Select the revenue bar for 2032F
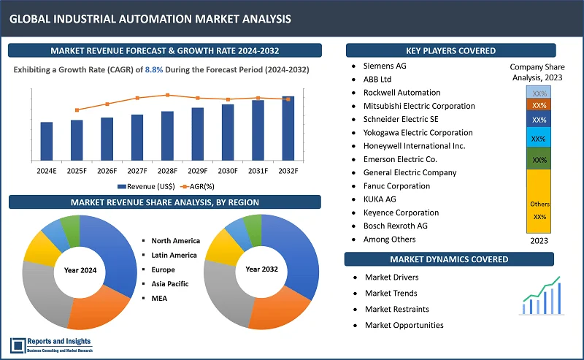(288, 129)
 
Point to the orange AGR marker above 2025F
(77, 110)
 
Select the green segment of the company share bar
(539, 158)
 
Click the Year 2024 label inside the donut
(80, 270)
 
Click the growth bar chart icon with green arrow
(540, 295)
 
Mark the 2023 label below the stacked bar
(539, 240)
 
